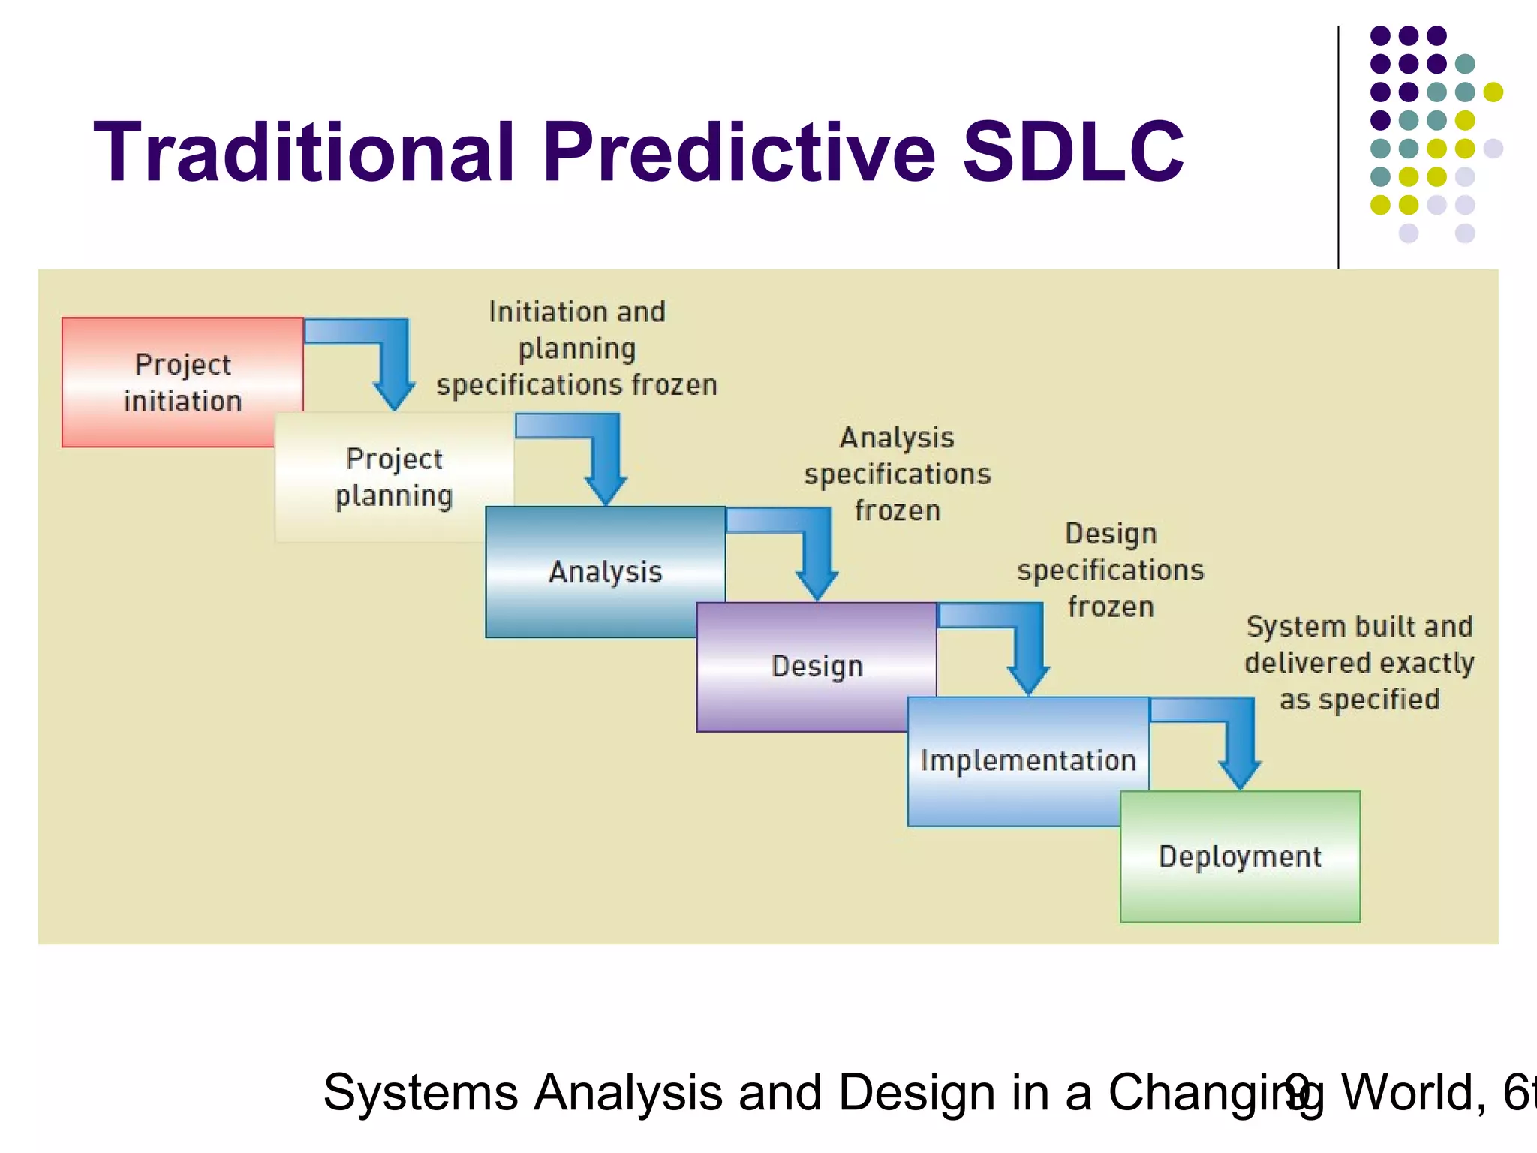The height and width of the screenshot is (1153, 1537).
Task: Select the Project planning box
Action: coord(394,477)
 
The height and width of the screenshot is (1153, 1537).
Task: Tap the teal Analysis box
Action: coord(605,571)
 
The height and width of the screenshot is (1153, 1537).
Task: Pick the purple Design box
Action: coord(817,667)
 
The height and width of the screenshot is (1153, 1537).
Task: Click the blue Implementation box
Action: coord(1027,760)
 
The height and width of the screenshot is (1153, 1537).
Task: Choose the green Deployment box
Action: coord(1240,856)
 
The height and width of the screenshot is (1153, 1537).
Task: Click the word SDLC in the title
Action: coord(1072,152)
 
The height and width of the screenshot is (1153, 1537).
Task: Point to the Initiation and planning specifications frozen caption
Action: coord(576,348)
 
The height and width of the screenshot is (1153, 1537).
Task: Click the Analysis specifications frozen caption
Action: coord(897,474)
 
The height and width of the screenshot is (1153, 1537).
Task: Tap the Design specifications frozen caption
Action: coord(1111,570)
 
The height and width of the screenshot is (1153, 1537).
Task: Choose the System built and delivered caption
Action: coord(1359,663)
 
